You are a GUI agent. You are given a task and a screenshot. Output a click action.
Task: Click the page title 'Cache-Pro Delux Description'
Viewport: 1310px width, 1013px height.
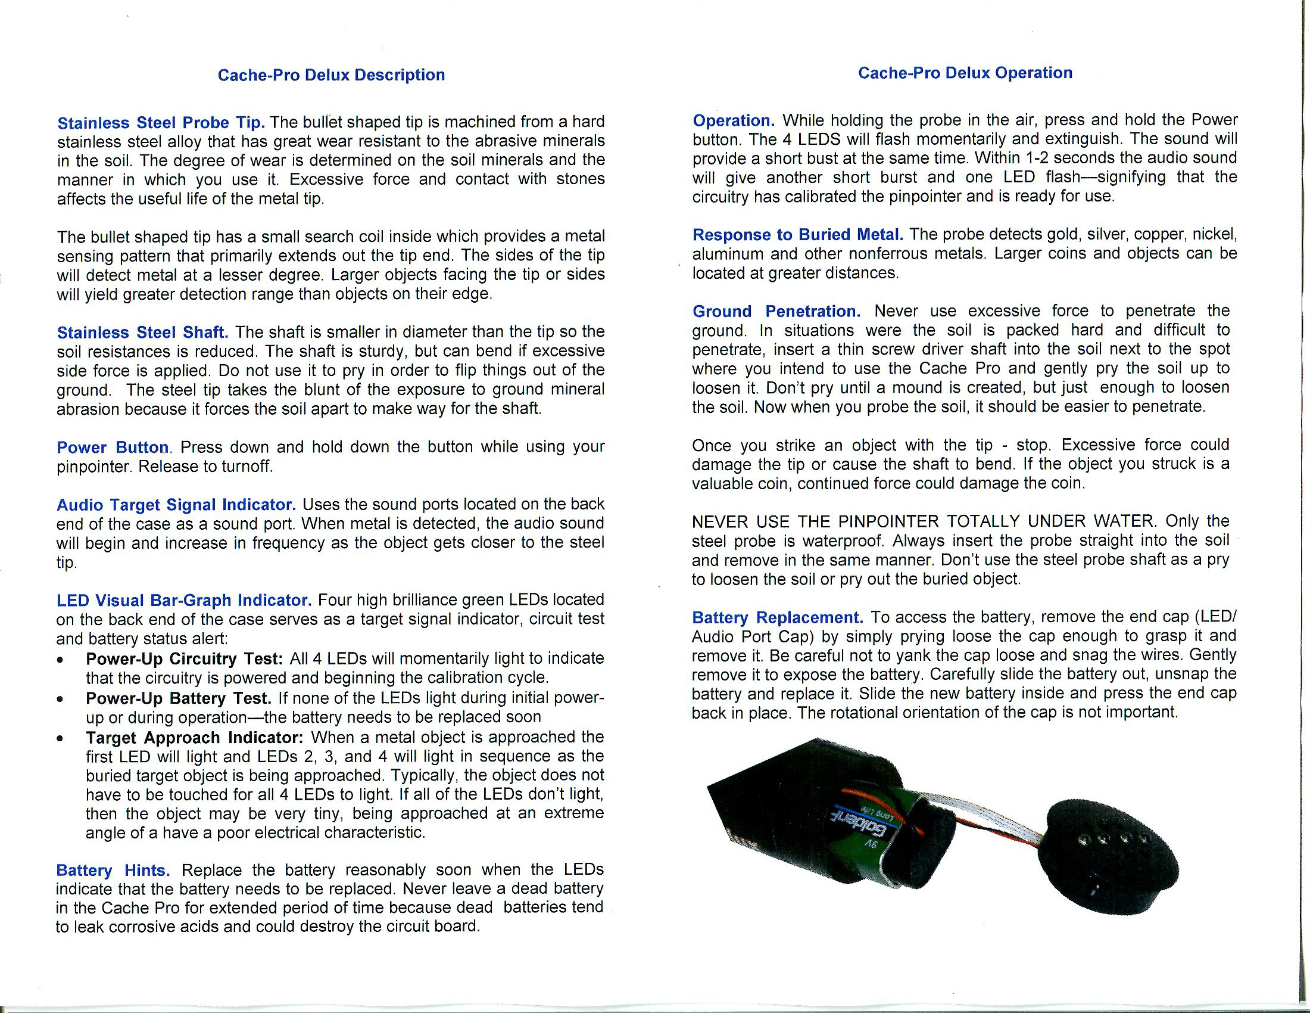coord(331,75)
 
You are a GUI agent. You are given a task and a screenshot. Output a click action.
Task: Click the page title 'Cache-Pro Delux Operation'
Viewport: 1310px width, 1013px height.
coord(965,73)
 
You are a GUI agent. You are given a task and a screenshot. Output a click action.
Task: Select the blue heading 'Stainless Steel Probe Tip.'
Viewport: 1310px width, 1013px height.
coord(161,122)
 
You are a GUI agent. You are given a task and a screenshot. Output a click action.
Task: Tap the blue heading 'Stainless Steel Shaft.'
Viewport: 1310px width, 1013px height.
coord(143,332)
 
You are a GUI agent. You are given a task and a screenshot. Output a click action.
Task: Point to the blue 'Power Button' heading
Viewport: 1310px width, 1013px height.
coord(113,447)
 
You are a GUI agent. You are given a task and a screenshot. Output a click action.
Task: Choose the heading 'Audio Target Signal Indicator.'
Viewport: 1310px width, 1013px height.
coord(176,505)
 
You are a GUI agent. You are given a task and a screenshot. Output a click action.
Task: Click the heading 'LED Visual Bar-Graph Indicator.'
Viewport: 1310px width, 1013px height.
coord(183,600)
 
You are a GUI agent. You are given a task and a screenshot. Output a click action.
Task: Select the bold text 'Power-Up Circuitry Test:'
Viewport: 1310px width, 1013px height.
coord(184,658)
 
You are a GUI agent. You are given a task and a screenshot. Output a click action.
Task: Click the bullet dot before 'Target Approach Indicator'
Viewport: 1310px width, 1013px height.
coord(60,738)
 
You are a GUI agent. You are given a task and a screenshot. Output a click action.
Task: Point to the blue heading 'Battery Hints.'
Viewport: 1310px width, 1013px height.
coord(113,870)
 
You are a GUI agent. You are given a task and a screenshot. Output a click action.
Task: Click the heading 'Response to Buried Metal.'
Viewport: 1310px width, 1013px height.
coord(798,234)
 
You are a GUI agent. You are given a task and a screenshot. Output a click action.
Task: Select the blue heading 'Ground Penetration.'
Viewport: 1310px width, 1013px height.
coord(776,311)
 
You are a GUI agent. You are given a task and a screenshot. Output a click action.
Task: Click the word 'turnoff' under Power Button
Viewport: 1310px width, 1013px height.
coord(247,467)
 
